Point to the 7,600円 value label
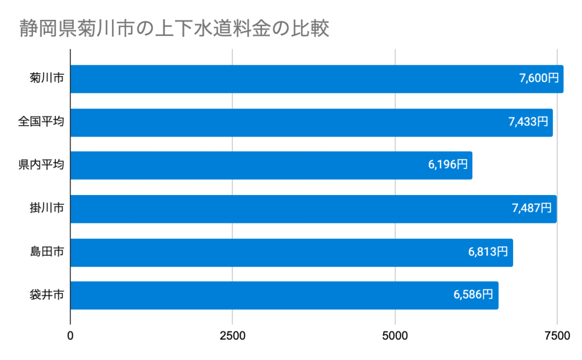[x=539, y=78]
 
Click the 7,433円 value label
[x=528, y=122]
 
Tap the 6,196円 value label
[x=448, y=165]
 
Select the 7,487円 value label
[x=531, y=208]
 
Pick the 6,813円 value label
[x=488, y=252]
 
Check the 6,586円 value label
[x=473, y=295]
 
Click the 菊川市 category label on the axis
[x=46, y=78]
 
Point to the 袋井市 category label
[x=46, y=295]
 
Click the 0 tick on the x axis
[x=70, y=336]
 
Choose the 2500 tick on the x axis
[x=232, y=336]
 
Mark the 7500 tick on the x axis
[x=557, y=336]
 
